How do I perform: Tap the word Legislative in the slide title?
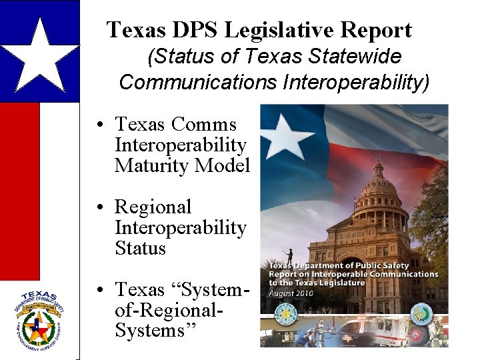(x=280, y=30)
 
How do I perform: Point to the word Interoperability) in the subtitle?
(x=356, y=82)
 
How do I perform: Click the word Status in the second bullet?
(x=140, y=248)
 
